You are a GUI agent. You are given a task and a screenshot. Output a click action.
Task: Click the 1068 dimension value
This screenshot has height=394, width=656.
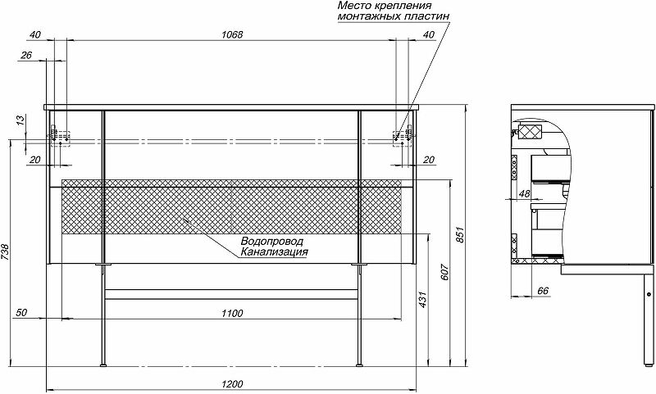(x=231, y=35)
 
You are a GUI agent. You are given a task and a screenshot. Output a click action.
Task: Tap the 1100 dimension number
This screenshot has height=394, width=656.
(x=232, y=313)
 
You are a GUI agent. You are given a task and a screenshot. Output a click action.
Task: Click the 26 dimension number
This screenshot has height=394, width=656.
(x=25, y=56)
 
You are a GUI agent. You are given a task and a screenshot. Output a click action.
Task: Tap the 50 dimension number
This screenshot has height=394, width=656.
(x=21, y=313)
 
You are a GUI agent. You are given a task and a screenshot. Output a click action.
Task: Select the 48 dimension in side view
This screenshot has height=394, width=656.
(x=525, y=193)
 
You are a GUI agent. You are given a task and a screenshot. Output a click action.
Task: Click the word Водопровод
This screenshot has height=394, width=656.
(x=272, y=242)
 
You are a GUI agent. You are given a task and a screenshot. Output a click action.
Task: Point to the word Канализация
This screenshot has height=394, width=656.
(x=275, y=253)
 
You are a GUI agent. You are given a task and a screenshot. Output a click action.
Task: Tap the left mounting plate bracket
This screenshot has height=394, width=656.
(x=57, y=134)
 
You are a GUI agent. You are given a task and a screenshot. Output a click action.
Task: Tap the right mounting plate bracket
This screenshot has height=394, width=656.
(x=401, y=134)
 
